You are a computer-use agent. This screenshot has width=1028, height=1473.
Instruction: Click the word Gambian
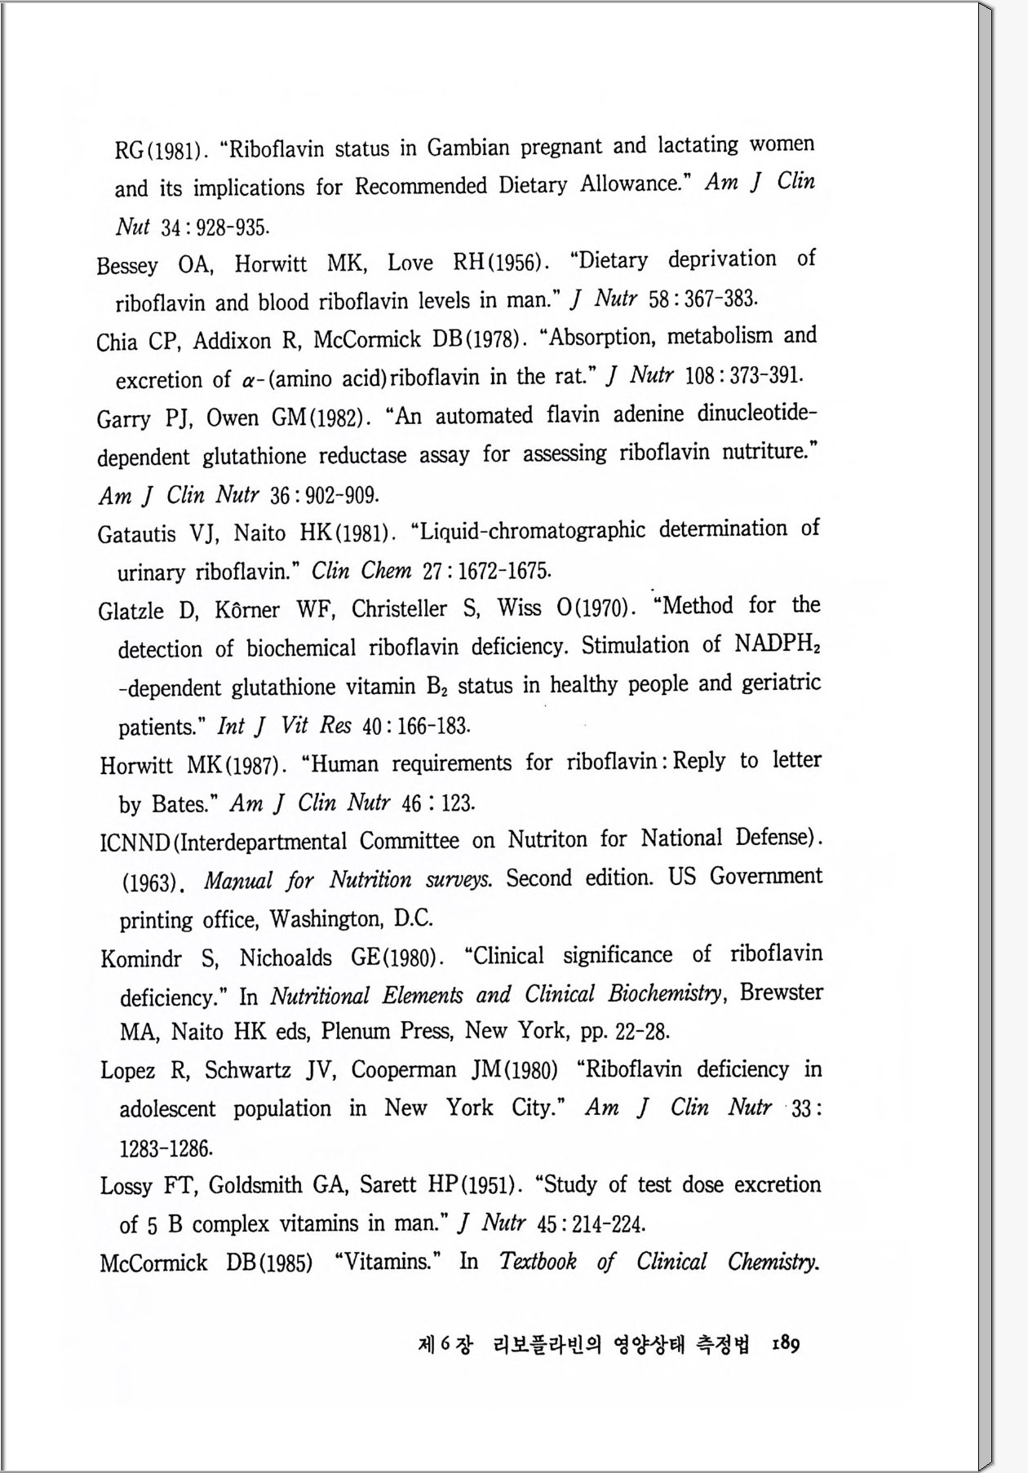pos(468,148)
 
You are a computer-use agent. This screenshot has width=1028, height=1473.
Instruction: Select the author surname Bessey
pos(126,266)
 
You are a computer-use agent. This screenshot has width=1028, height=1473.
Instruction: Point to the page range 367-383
pos(721,299)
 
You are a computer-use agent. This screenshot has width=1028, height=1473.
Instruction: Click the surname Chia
pos(117,341)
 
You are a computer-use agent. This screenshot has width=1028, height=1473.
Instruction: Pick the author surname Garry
pos(123,419)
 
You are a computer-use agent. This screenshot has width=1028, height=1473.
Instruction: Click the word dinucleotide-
pos(756,414)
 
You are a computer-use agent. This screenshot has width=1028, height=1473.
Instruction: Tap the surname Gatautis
pos(136,534)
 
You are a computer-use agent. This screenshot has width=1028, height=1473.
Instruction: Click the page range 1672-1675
pos(498,570)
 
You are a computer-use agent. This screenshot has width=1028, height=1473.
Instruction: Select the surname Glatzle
pos(131,611)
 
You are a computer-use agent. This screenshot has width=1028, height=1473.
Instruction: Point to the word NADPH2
pos(777,644)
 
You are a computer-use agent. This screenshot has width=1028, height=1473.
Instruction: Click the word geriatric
pos(781,683)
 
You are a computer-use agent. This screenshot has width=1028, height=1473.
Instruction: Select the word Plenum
pos(356,1031)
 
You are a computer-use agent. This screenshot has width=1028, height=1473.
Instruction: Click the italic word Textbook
pos(538,1262)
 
